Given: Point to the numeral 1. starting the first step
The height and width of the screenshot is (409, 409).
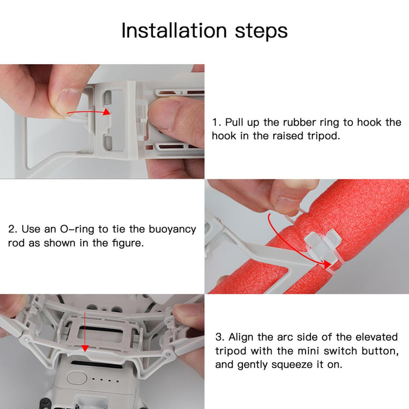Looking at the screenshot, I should [x=216, y=123].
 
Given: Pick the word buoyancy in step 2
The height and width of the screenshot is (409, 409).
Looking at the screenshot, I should [x=172, y=230].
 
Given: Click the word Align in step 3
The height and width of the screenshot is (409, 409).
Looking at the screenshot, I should [x=241, y=337].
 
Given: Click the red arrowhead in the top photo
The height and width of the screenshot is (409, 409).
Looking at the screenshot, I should [x=107, y=112].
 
